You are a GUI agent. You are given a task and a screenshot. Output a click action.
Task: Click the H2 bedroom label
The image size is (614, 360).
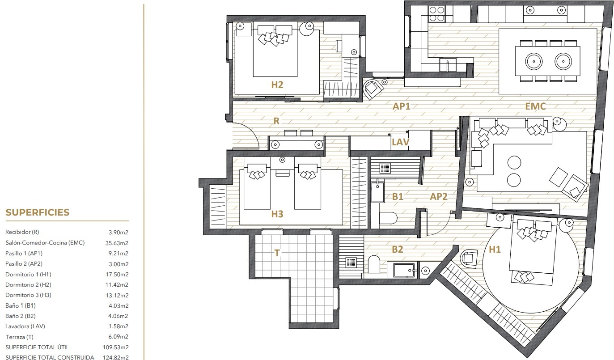(277, 85)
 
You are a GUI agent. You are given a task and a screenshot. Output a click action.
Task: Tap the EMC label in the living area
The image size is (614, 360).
(535, 106)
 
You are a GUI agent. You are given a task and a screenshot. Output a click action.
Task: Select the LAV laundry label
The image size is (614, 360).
(401, 142)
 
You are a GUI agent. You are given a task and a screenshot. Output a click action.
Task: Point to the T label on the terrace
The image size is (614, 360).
(277, 253)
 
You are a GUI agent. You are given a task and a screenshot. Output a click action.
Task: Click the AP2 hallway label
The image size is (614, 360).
(439, 196)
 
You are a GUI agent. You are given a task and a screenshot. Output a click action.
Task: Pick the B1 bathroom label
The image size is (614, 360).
(398, 196)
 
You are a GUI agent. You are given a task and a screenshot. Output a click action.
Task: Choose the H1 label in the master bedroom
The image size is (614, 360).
(495, 249)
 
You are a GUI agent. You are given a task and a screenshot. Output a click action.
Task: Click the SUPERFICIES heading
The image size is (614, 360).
(38, 212)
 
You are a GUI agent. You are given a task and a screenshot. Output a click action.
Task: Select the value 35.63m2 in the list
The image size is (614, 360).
(117, 243)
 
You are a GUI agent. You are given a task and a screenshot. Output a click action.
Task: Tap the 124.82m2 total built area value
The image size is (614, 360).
(116, 357)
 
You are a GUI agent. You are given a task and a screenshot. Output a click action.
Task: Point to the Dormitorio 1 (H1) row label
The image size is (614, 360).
(28, 274)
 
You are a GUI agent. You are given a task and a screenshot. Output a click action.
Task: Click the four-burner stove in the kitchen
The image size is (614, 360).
(436, 14)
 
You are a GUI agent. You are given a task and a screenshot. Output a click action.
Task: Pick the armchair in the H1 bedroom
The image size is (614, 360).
(469, 258)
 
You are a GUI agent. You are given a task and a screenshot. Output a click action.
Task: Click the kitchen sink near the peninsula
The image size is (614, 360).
(448, 65)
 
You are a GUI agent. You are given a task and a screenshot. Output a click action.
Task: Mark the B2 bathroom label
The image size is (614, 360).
(398, 249)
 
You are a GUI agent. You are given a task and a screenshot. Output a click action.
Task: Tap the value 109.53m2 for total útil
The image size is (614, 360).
(116, 347)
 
